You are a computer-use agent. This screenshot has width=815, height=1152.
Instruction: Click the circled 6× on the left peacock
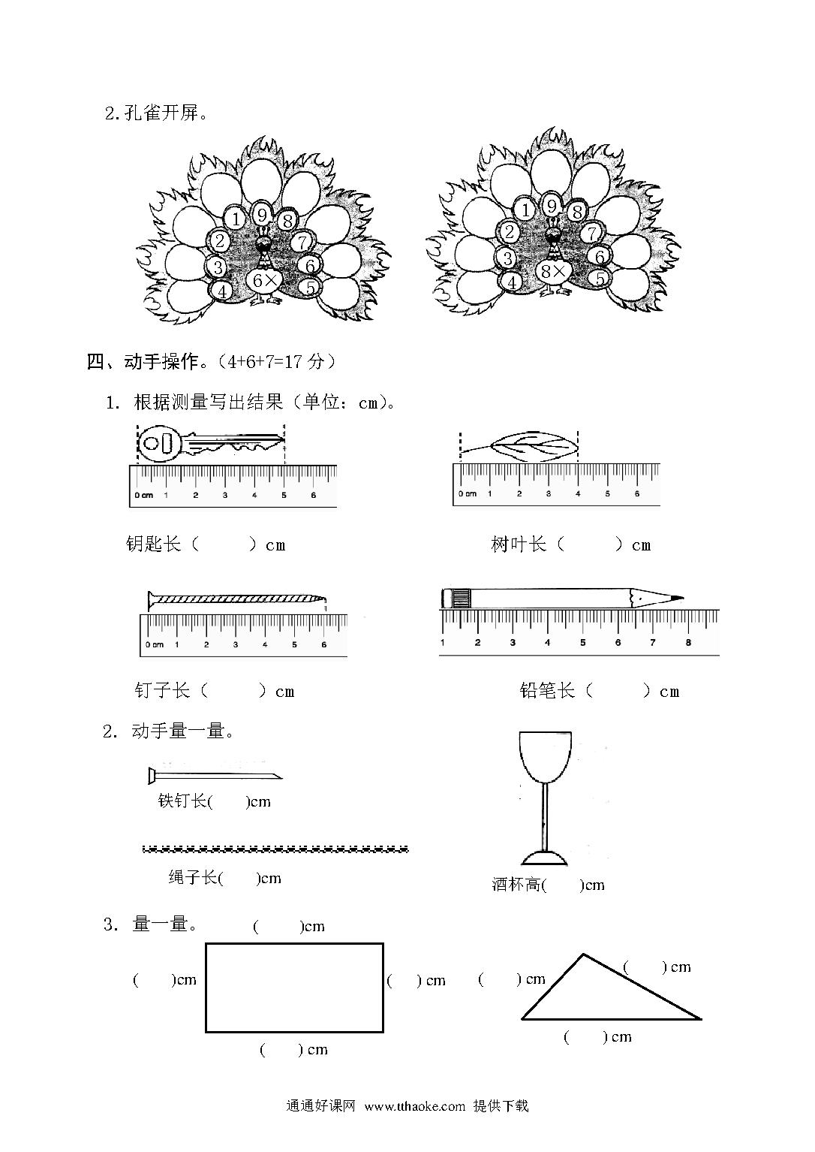click(x=265, y=281)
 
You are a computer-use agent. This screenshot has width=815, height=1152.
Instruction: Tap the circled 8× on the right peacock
click(x=553, y=272)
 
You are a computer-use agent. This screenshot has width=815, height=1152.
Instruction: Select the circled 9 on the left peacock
click(x=262, y=215)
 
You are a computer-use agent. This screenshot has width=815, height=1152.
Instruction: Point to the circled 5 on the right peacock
click(x=600, y=279)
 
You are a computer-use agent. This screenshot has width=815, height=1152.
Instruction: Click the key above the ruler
click(x=211, y=443)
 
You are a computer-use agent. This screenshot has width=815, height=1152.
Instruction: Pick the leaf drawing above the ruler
click(x=519, y=445)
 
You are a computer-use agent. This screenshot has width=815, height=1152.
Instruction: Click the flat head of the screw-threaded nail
click(x=150, y=600)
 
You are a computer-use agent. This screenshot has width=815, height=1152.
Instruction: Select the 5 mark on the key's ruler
click(x=284, y=495)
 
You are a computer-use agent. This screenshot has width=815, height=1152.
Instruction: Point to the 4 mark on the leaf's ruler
click(x=578, y=493)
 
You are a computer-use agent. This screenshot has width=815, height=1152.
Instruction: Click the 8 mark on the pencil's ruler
click(x=688, y=642)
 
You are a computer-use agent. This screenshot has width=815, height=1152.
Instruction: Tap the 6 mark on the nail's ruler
click(x=323, y=644)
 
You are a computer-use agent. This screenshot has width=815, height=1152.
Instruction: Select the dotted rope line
click(x=275, y=849)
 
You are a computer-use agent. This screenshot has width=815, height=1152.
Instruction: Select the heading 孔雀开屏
click(x=161, y=113)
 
